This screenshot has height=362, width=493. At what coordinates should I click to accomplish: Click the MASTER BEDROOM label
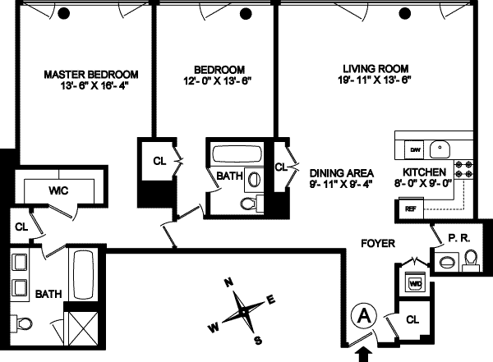coord(90,73)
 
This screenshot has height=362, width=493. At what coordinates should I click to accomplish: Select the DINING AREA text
coord(342,173)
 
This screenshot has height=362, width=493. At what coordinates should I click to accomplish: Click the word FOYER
coord(379,244)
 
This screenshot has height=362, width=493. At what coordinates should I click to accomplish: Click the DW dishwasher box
coord(415,150)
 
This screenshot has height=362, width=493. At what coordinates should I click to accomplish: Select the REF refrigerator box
coord(408,209)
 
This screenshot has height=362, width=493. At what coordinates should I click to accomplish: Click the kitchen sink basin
coord(441,149)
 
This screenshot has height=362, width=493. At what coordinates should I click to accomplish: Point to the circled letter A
coord(362,314)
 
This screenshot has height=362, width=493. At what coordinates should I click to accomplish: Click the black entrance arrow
coord(363,352)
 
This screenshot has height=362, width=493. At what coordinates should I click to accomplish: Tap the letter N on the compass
coord(231,283)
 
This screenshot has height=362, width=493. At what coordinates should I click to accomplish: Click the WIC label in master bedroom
coord(58,190)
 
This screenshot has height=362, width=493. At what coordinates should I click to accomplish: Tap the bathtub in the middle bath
coord(235,154)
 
